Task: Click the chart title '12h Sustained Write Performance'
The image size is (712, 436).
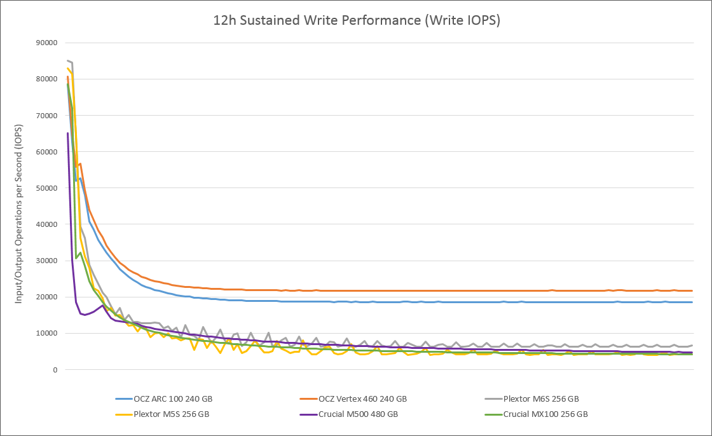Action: click(356, 20)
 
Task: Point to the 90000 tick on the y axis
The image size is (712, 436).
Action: click(46, 43)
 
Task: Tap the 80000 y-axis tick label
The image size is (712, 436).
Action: click(46, 79)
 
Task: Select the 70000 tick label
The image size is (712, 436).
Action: click(46, 116)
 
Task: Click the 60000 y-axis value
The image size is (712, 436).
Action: click(46, 152)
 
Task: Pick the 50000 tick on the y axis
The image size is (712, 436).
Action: click(46, 188)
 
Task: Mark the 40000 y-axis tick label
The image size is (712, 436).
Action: click(46, 224)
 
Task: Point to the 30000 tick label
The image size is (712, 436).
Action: click(46, 261)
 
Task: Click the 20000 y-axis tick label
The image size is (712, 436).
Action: click(46, 297)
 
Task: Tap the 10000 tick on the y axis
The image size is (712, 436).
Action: click(46, 333)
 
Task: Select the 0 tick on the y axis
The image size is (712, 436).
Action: click(55, 369)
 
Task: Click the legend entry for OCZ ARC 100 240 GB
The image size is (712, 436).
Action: click(172, 399)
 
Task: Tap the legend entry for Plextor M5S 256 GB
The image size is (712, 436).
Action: click(171, 414)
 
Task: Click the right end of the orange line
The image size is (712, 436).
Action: click(692, 290)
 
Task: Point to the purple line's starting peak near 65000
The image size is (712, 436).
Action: click(68, 133)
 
